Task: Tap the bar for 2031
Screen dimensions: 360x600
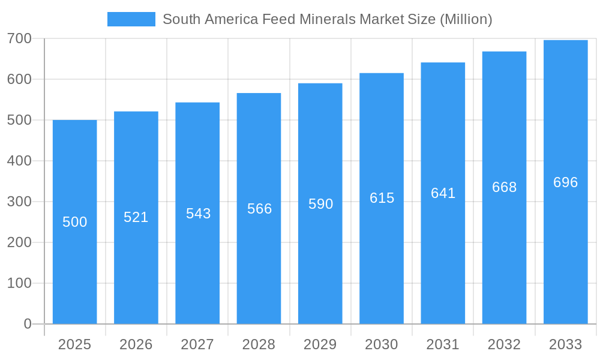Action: (x=443, y=252)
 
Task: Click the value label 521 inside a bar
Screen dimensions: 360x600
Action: (x=136, y=217)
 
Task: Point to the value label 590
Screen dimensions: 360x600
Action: (x=320, y=204)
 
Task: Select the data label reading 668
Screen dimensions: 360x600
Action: (x=504, y=187)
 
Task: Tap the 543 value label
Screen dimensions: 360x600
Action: (x=198, y=214)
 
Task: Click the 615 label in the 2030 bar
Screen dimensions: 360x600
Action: (x=382, y=198)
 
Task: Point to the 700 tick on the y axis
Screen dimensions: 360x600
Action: (x=19, y=38)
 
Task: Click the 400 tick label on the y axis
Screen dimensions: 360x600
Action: (x=19, y=161)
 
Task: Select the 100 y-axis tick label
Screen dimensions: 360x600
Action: (x=19, y=283)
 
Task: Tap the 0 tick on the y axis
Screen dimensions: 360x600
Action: (x=28, y=324)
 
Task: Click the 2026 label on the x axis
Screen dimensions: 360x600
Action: (x=136, y=344)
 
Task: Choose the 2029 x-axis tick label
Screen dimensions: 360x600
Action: (x=320, y=344)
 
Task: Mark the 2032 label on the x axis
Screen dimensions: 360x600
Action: (x=504, y=344)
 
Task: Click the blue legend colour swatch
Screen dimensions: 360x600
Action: (x=131, y=19)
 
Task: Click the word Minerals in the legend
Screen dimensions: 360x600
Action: (x=330, y=19)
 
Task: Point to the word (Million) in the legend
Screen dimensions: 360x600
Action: (x=466, y=19)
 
